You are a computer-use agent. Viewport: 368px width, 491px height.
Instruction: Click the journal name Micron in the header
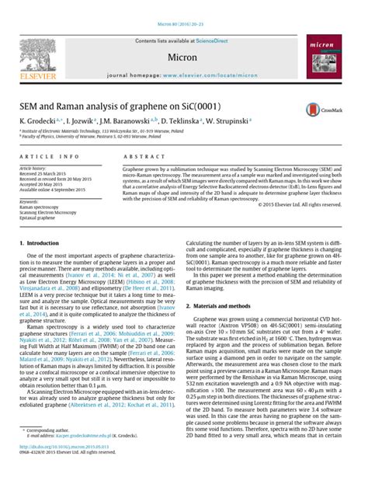pos(183,57)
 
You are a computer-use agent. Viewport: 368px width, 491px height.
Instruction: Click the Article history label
pos(33,168)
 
